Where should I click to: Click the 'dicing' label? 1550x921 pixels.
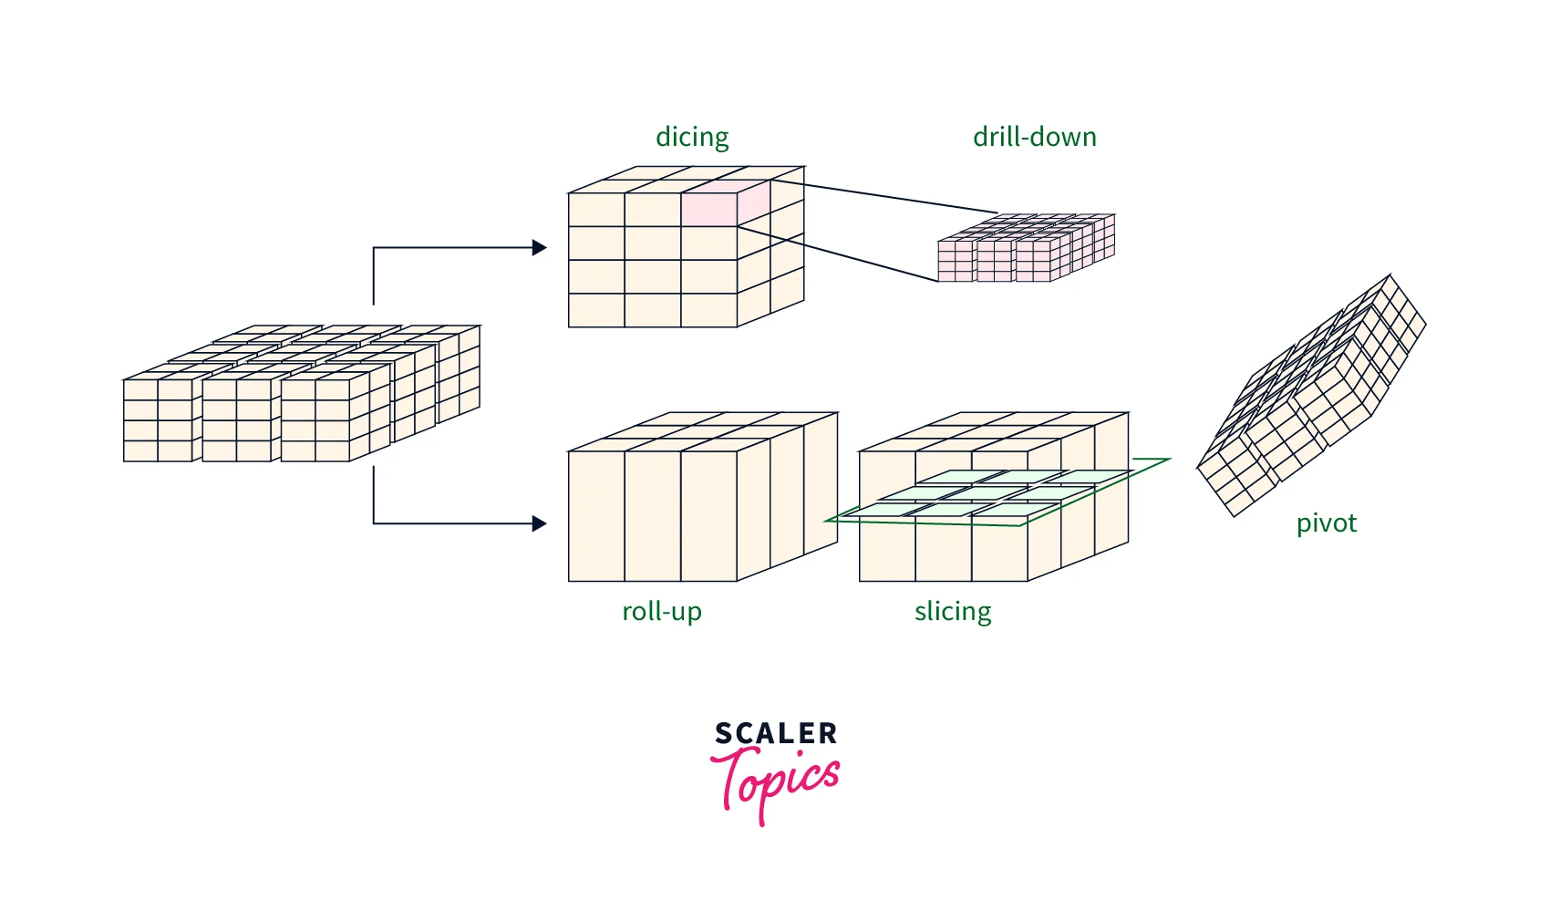tap(692, 137)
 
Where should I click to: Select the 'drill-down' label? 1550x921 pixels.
tap(1034, 137)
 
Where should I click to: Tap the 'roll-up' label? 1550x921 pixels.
tap(661, 611)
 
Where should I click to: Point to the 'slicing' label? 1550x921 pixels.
tap(953, 611)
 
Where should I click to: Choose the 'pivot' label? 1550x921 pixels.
tap(1326, 523)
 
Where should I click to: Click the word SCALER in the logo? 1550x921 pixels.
tap(776, 733)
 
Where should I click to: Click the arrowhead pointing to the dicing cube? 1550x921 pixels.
tap(540, 247)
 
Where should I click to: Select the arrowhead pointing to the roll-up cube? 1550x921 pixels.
tap(540, 523)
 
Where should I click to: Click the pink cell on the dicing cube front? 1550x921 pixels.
tap(708, 210)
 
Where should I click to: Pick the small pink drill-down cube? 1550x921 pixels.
tap(1026, 248)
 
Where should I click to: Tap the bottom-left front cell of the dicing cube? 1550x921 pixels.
tap(596, 310)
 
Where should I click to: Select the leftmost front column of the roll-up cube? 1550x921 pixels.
tap(596, 516)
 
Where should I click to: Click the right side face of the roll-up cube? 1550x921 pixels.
tap(787, 497)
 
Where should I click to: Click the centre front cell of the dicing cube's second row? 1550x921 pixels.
tap(653, 243)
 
